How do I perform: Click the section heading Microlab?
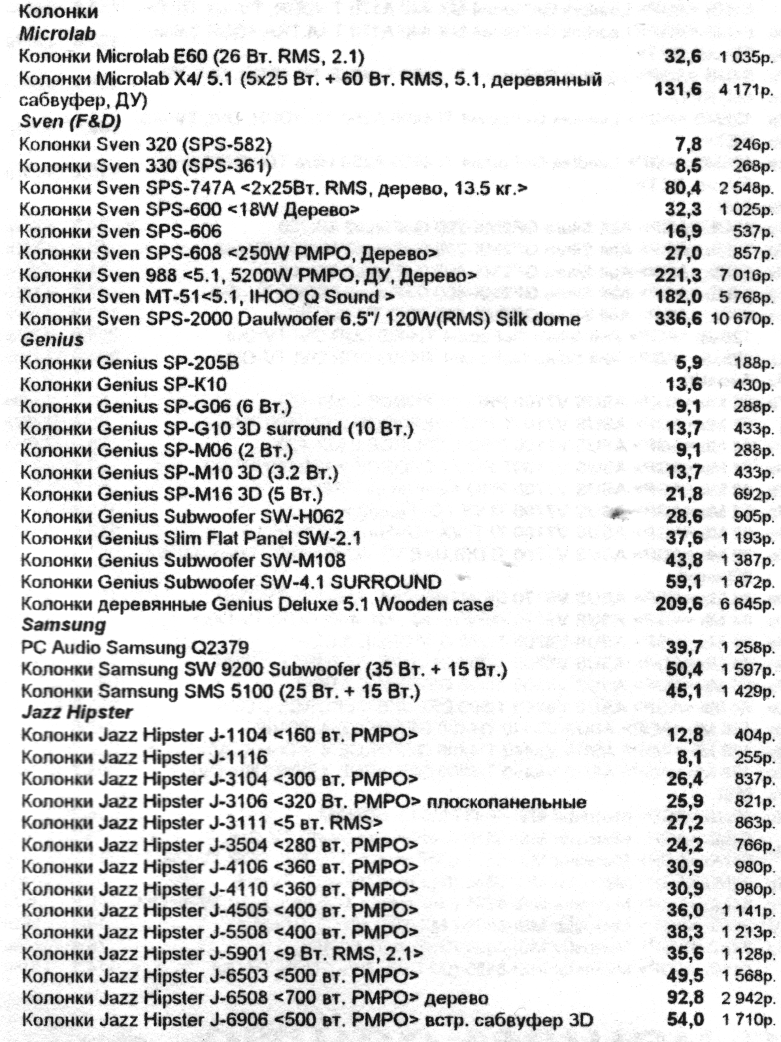[58, 33]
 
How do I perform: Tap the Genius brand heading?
[52, 340]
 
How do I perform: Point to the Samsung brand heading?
[63, 625]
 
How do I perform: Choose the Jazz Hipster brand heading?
[76, 712]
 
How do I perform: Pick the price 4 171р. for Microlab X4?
[746, 90]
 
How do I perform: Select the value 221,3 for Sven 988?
[678, 274]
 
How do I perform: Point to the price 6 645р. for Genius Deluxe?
[746, 604]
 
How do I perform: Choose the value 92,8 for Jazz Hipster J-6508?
[685, 997]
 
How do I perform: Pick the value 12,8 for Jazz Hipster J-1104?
[685, 735]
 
